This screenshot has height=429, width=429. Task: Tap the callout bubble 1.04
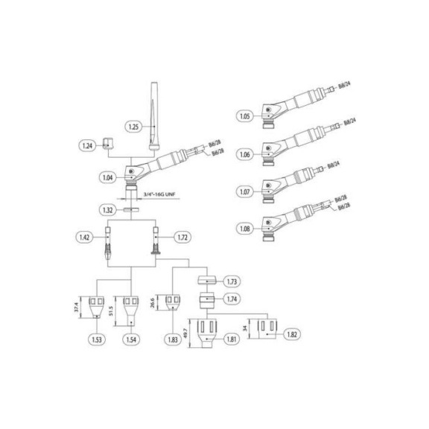(107, 177)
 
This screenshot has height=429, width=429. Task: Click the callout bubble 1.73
(232, 282)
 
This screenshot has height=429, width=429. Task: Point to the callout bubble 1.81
(232, 340)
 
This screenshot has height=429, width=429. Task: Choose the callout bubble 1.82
(293, 335)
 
